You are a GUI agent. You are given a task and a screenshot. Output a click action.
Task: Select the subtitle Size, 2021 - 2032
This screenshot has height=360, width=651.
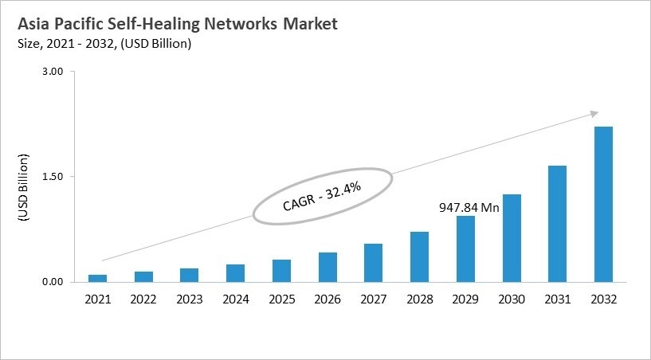103,44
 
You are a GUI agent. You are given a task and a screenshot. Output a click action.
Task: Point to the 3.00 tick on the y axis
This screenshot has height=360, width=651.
52,72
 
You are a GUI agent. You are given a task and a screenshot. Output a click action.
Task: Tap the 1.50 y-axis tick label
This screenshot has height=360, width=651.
52,176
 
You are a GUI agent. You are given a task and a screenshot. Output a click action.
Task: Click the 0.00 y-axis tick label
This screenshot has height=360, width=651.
52,281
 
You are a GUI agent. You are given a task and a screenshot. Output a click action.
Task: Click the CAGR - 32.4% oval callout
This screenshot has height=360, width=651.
322,195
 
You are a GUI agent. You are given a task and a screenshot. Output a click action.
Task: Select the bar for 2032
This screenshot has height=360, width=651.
603,204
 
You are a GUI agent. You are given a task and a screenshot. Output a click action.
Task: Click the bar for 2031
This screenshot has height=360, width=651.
557,224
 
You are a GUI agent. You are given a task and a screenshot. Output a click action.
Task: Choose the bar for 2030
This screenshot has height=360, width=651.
512,238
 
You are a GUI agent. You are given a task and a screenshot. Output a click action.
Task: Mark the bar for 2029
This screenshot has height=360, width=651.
465,248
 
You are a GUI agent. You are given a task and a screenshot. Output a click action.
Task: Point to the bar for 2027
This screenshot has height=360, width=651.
373,263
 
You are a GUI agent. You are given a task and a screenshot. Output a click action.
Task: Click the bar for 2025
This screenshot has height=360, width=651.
281,271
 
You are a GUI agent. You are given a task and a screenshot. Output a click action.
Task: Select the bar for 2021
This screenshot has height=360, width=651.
97,278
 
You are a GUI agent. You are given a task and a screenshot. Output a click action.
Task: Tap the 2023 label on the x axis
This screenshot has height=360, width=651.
190,299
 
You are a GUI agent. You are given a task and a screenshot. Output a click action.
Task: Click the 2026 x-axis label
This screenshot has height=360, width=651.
327,299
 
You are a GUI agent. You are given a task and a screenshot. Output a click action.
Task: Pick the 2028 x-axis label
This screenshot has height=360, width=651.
419,299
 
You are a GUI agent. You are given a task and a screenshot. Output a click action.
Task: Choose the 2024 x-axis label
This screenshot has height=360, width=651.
235,299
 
